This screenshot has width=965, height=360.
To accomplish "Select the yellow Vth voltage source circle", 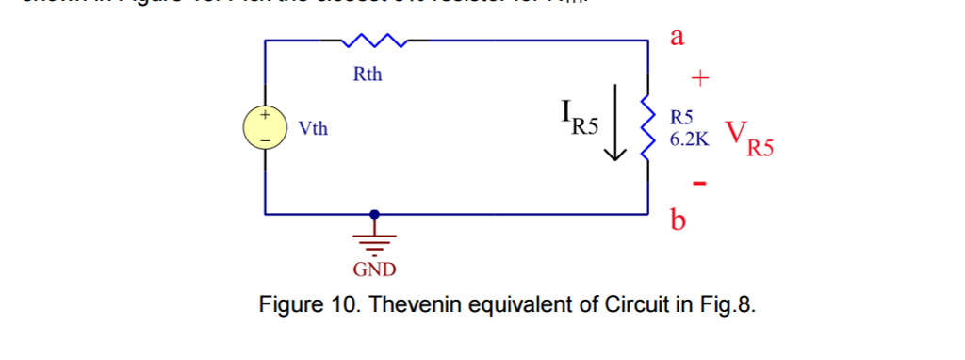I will pos(265,127).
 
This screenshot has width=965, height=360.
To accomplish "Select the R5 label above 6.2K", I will pos(681,119).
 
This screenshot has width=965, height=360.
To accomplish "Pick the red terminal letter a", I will pos(677,37).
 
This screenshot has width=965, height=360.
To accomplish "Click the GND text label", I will pos(375,271).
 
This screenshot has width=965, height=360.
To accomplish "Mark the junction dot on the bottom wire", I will pos(376,214).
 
